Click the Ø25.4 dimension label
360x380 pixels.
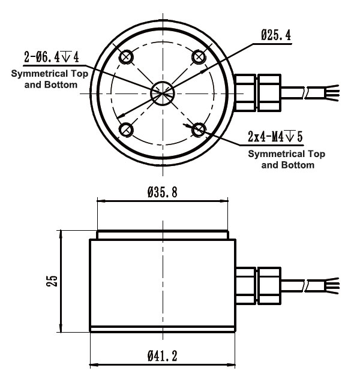[276, 36]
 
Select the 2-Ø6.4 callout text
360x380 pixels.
[52, 58]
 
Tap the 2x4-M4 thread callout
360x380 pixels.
[275, 137]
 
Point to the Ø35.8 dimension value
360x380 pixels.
[162, 193]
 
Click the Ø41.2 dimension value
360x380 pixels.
[162, 355]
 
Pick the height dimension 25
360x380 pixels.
[52, 281]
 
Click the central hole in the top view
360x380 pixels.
[163, 92]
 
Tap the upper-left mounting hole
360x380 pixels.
[126, 56]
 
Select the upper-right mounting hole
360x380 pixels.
[199, 56]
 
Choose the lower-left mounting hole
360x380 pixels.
[126, 129]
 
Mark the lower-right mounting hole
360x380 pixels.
[199, 129]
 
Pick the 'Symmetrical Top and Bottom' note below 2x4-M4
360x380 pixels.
[287, 159]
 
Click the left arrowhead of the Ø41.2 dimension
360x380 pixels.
[93, 365]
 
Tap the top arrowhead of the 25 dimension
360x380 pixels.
[60, 232]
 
